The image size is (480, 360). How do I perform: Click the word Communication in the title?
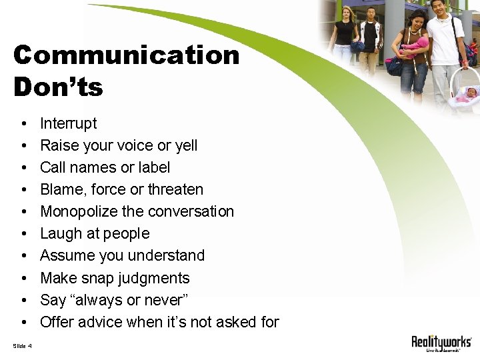point(126,55)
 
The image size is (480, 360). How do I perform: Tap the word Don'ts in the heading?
point(58,87)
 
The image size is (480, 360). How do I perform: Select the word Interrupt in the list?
point(68,123)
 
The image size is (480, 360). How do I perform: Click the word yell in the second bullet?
point(185,145)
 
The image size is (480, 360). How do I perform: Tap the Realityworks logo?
point(441,344)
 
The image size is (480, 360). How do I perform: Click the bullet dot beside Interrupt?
point(23,124)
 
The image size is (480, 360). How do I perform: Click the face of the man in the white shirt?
point(438,9)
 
